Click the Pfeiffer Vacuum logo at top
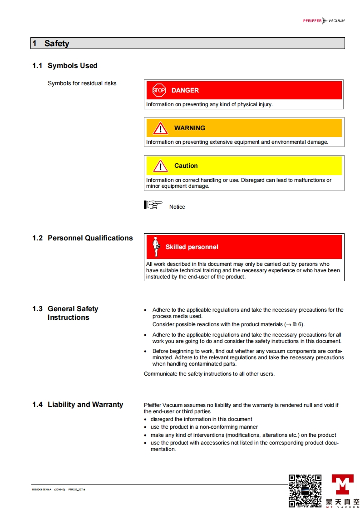(x=324, y=21)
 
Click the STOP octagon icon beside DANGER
(x=158, y=90)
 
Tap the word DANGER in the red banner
(x=185, y=90)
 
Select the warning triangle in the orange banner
(x=160, y=128)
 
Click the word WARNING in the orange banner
(x=190, y=128)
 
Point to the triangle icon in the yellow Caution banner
(x=160, y=166)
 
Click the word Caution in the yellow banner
(x=186, y=166)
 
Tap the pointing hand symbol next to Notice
(x=153, y=205)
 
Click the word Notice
(x=177, y=207)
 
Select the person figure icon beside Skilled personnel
(x=156, y=246)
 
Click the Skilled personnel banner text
(x=192, y=247)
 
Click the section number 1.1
(x=37, y=66)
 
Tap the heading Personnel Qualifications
(x=90, y=238)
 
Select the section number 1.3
(x=37, y=309)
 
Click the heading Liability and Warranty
(x=85, y=405)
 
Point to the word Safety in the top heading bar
(x=57, y=44)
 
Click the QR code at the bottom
(x=305, y=490)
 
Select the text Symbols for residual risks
(x=82, y=83)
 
